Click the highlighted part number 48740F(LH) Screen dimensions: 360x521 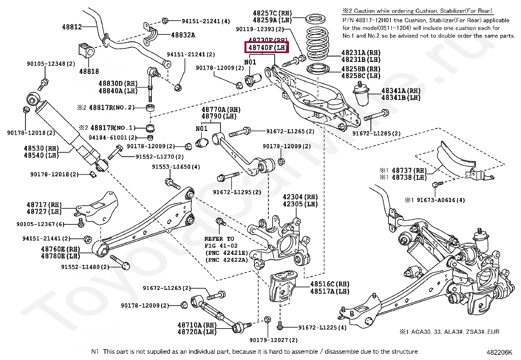(267, 47)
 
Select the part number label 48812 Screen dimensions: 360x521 (72, 27)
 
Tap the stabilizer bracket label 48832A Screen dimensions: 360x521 (183, 35)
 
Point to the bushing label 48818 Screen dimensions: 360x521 (89, 71)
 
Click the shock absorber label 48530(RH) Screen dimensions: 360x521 (41, 148)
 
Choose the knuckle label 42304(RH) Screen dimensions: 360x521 (300, 197)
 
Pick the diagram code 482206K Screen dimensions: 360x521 (499, 352)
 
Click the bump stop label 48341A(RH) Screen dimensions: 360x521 (401, 91)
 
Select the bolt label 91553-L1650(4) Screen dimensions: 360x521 (176, 167)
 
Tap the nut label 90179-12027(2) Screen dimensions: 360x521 (273, 340)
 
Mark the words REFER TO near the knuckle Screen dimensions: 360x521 (219, 239)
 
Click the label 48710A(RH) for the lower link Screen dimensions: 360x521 (197, 325)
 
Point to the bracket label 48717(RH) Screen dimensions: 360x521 (44, 205)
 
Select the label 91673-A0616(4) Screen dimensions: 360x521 (440, 200)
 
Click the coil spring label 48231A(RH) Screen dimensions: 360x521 (361, 53)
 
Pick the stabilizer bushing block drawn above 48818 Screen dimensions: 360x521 (86, 50)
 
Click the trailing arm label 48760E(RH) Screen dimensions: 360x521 (60, 249)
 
